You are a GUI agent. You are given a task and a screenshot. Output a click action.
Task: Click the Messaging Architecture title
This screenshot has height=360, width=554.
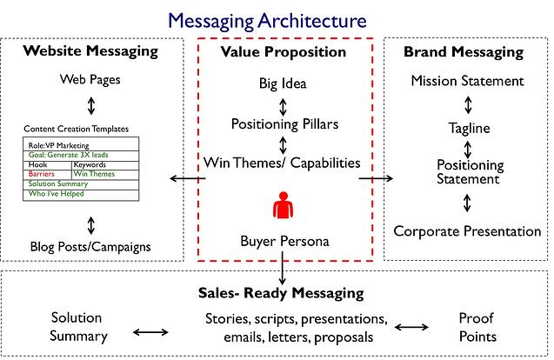267,21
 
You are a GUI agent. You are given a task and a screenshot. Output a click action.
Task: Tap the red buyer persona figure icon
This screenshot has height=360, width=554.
283,205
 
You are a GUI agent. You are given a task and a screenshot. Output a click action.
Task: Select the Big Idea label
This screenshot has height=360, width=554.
283,83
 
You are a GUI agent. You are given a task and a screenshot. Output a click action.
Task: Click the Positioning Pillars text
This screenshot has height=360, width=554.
284,124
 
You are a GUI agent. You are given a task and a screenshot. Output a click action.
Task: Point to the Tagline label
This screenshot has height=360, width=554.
470,128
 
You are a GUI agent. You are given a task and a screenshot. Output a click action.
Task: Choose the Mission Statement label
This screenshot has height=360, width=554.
467,81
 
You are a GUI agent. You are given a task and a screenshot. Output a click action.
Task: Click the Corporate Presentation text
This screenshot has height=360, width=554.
467,231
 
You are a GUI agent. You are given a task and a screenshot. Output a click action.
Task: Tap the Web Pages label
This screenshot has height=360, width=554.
90,79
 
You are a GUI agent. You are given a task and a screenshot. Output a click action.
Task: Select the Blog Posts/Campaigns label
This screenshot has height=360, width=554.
90,247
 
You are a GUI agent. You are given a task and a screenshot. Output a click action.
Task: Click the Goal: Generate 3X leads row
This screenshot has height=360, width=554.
81,156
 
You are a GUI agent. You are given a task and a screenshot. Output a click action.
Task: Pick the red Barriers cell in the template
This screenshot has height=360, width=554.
47,174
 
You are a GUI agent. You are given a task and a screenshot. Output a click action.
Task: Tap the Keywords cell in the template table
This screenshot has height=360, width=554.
105,165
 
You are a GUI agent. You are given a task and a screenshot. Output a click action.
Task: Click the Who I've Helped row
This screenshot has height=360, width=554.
81,195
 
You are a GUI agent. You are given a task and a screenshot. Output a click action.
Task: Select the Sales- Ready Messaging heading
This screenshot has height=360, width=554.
281,293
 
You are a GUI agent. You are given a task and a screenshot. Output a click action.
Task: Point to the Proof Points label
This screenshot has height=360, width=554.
477,327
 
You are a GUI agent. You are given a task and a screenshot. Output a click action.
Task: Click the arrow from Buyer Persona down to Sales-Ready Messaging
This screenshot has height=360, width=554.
282,268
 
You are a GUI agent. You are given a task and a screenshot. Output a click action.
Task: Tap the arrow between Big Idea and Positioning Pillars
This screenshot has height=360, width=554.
283,107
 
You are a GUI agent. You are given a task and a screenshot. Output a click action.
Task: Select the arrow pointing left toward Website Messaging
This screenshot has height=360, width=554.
188,178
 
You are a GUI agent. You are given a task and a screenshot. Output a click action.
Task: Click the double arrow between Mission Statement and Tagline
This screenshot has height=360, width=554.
468,105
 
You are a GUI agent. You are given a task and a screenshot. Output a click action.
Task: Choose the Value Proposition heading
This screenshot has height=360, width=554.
283,52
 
